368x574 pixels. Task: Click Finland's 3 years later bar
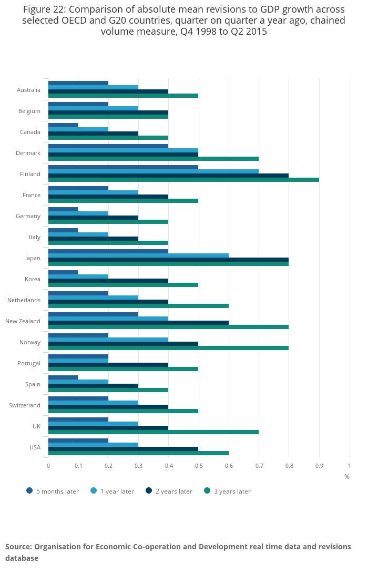click(183, 180)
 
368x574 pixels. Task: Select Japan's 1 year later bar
click(138, 255)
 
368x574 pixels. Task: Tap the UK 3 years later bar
click(153, 432)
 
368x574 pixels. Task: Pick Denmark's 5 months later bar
click(108, 146)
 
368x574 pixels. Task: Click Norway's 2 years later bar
click(123, 344)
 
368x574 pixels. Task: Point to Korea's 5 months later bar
click(63, 272)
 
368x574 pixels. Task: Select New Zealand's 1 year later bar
click(108, 319)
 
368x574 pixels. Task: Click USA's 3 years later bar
click(138, 453)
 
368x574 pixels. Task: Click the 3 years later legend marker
click(207, 491)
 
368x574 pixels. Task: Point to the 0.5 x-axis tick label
click(199, 466)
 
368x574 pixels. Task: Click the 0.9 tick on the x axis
click(319, 466)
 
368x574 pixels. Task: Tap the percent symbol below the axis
click(347, 477)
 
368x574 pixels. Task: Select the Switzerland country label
click(25, 405)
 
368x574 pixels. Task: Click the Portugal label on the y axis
click(29, 363)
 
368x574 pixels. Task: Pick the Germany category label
click(28, 216)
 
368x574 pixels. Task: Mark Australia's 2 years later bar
click(108, 91)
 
